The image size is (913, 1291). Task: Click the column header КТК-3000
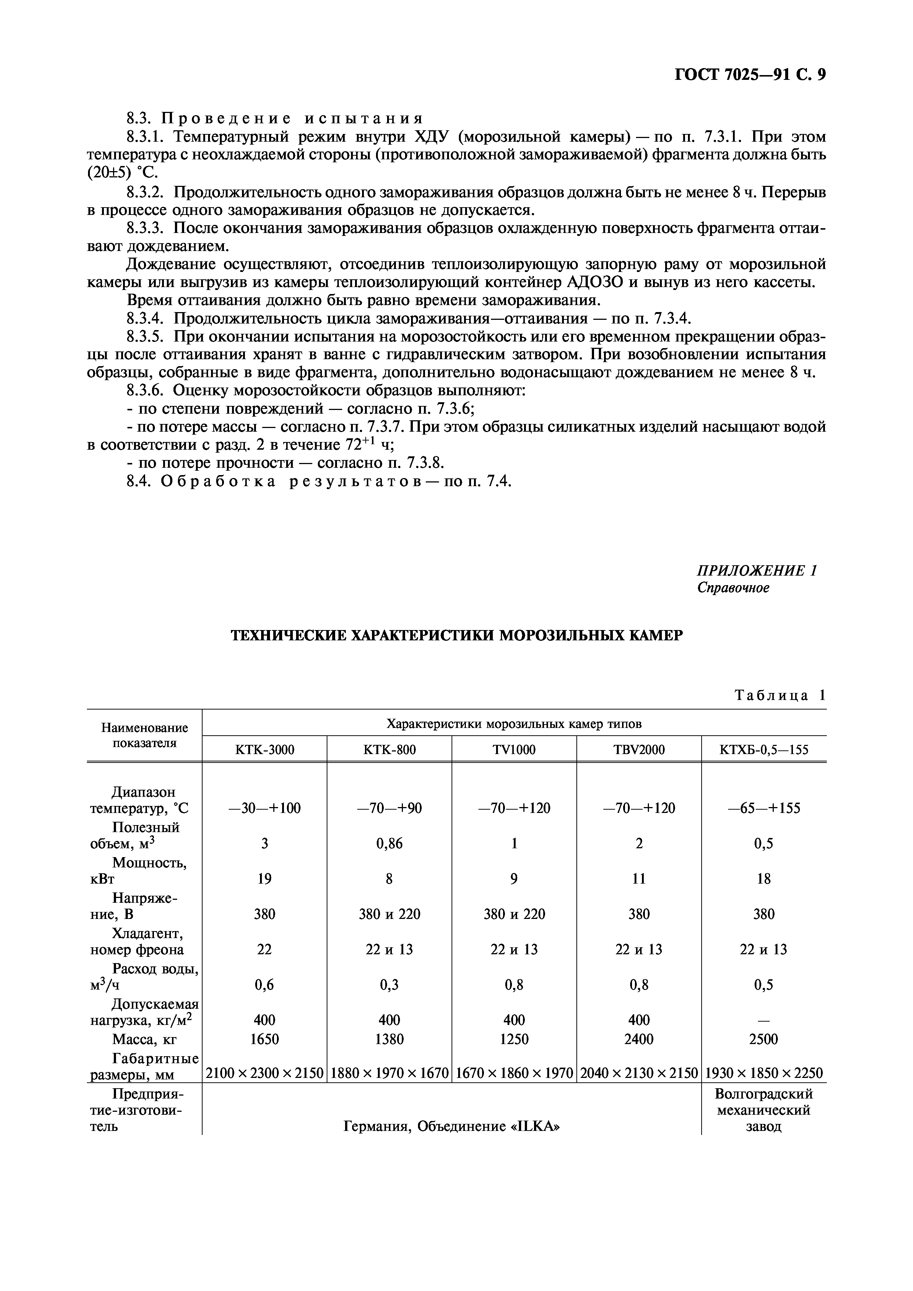[264, 750]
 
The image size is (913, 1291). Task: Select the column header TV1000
[514, 750]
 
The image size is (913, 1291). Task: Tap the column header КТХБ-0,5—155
[763, 750]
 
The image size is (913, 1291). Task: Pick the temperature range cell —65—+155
[763, 809]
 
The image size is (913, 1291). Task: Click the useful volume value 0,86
[389, 843]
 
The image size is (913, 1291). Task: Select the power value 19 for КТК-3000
[264, 879]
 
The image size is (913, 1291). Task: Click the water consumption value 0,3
[389, 984]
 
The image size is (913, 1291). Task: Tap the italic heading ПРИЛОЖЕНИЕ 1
[756, 571]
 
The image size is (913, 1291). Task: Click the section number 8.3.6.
[145, 390]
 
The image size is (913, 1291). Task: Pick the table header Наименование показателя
[145, 735]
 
